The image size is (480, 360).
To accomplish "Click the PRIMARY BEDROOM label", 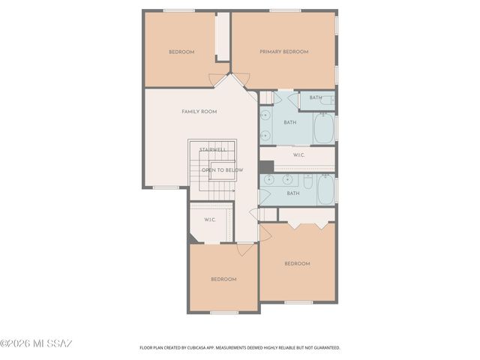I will (284, 52).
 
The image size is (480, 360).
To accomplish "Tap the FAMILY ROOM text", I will (199, 112).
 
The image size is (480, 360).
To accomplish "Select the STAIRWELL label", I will (213, 150).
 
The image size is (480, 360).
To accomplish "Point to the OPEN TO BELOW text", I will (222, 170).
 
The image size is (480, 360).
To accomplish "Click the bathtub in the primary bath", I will (323, 129).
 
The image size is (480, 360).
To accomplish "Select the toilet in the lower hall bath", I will (307, 183).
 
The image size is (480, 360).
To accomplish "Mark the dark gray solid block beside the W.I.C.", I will (266, 166).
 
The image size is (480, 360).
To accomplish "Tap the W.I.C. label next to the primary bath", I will (298, 155).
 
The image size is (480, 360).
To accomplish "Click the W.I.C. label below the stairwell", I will (210, 220).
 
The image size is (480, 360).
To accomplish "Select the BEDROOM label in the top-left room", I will (181, 52).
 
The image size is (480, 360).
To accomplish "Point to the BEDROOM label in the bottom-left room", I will (223, 279).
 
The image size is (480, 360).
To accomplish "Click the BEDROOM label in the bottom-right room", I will (297, 263).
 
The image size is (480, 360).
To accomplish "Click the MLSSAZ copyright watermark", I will (36, 344).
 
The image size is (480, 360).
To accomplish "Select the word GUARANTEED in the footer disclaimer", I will (325, 348).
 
